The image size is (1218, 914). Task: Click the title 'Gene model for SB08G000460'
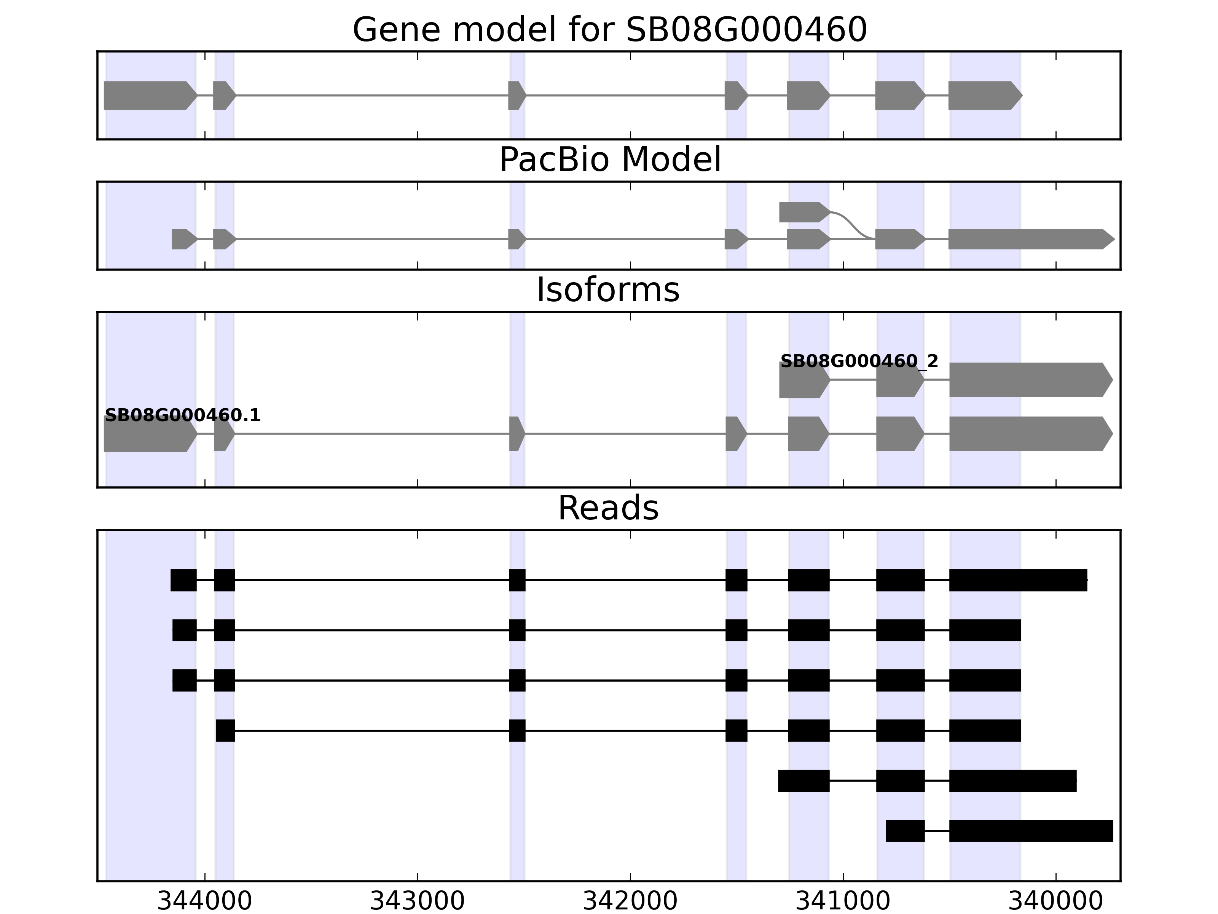(x=609, y=30)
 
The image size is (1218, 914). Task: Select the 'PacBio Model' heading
(x=609, y=160)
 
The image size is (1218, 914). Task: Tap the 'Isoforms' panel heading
(x=608, y=290)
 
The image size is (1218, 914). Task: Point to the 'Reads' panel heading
(x=608, y=508)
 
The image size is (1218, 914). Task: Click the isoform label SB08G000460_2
(x=859, y=361)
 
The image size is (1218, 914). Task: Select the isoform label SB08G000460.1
(x=182, y=415)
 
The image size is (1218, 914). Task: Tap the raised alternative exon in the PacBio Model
(x=803, y=212)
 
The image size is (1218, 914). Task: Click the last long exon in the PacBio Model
(x=1030, y=239)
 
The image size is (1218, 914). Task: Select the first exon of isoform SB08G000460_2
(x=803, y=380)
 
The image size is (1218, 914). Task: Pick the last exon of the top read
(x=1017, y=580)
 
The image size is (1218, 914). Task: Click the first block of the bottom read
(x=905, y=831)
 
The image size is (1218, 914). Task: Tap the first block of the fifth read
(x=803, y=781)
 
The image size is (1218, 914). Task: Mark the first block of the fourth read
(x=225, y=730)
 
